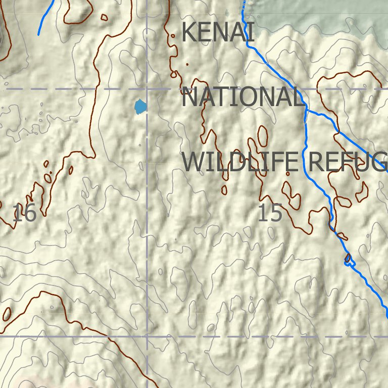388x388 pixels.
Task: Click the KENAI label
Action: (x=217, y=32)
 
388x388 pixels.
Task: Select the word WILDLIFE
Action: (x=239, y=162)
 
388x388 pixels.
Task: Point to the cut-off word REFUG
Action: (x=347, y=162)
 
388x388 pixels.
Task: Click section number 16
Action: (x=24, y=214)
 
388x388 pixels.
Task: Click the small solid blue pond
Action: (x=140, y=107)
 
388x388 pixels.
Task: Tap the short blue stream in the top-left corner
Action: (x=46, y=18)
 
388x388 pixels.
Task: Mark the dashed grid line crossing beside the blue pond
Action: (x=147, y=89)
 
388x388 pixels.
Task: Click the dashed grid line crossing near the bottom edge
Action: (x=147, y=335)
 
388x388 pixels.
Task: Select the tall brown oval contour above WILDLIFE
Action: (x=263, y=135)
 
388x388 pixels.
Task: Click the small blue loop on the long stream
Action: (x=348, y=260)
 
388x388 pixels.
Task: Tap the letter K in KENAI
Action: (x=187, y=32)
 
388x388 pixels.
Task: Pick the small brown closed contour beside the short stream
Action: (x=104, y=17)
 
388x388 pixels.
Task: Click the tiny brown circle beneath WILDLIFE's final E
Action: (x=288, y=173)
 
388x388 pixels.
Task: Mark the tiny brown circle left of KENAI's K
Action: (x=173, y=36)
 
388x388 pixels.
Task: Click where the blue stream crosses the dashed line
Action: (x=300, y=89)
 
